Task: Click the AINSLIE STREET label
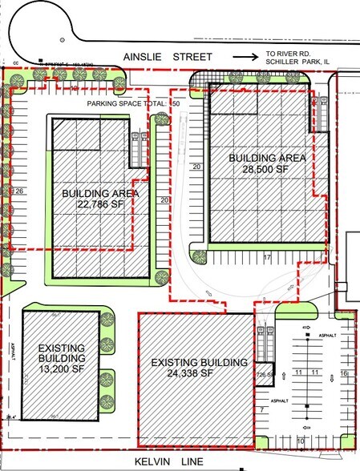point(168,57)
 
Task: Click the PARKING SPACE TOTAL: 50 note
point(135,104)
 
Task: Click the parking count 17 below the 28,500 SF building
point(267,257)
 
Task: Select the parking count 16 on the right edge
point(344,373)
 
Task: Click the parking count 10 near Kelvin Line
point(301,441)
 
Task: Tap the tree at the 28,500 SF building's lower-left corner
point(200,256)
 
